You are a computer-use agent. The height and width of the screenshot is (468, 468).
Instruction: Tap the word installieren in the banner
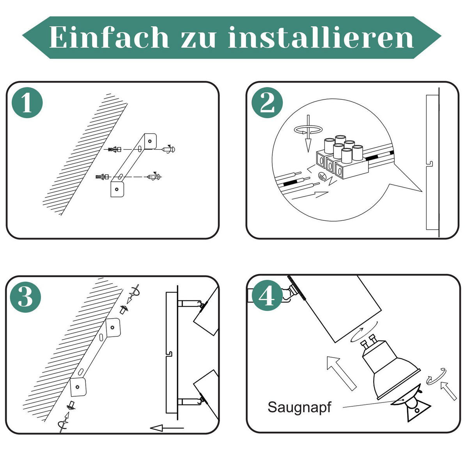click(x=321, y=37)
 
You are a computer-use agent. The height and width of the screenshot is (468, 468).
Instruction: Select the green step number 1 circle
click(x=27, y=103)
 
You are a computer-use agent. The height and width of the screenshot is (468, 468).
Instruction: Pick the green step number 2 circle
click(x=267, y=103)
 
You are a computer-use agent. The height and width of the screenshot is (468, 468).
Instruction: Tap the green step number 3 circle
click(x=25, y=297)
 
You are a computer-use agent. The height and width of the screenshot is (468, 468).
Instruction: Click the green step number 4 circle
click(x=267, y=296)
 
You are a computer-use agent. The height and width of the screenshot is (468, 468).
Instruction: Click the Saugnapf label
click(x=299, y=407)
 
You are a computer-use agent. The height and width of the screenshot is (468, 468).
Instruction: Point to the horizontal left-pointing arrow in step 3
click(x=167, y=428)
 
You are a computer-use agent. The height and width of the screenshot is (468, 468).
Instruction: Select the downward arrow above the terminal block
click(x=308, y=134)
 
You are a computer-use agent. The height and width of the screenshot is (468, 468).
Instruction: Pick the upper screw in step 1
click(x=168, y=149)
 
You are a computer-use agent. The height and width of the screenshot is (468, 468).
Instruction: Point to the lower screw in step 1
click(x=154, y=177)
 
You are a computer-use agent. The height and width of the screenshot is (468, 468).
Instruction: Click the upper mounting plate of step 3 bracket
click(x=113, y=328)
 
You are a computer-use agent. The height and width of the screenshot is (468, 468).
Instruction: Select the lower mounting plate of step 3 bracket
click(x=78, y=387)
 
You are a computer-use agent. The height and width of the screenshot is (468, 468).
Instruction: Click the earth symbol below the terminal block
click(x=322, y=175)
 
